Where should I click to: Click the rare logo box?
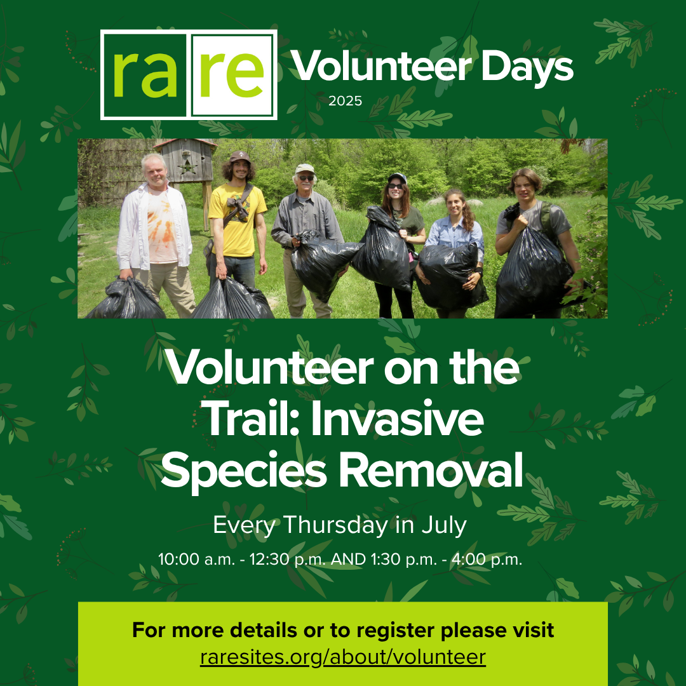[189, 74]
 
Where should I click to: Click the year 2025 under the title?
[345, 101]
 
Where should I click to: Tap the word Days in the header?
[527, 67]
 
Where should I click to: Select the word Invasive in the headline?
[397, 419]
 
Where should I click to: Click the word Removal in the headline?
[431, 470]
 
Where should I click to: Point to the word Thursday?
[335, 525]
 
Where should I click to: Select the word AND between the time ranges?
[348, 559]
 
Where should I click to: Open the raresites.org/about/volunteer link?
[343, 657]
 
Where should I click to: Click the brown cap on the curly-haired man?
[239, 156]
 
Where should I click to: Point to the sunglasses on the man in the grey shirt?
[306, 178]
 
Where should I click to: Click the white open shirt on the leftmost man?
[154, 227]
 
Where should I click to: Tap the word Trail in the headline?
[253, 419]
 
